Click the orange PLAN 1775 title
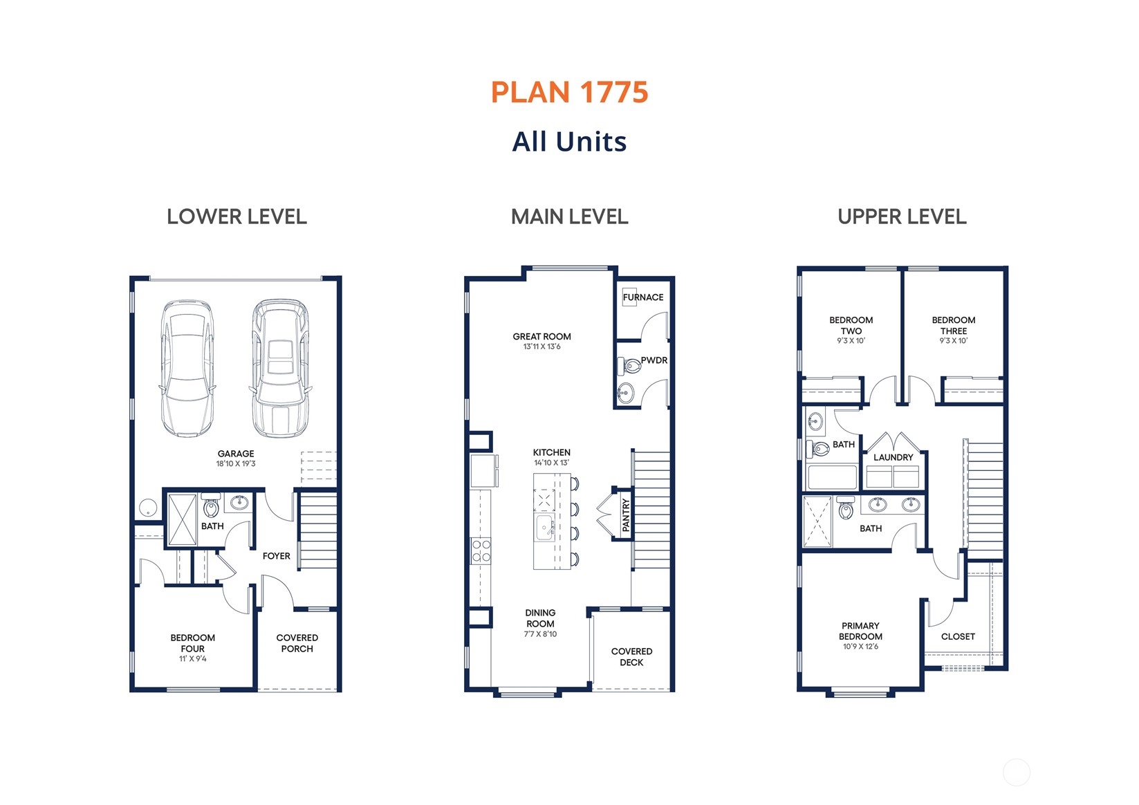569,93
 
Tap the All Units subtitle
569,142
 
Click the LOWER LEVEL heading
237,217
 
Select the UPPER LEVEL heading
902,217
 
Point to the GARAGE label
236,454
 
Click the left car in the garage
187,368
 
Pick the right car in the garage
280,368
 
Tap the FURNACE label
643,297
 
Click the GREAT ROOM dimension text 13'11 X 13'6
541,347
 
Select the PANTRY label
626,515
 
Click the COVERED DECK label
631,657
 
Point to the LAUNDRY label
893,457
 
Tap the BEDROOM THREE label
953,325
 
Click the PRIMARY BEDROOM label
860,631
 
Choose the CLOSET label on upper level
958,636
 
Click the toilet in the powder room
631,366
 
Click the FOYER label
276,556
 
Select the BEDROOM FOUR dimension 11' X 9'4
192,659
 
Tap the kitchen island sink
544,528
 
